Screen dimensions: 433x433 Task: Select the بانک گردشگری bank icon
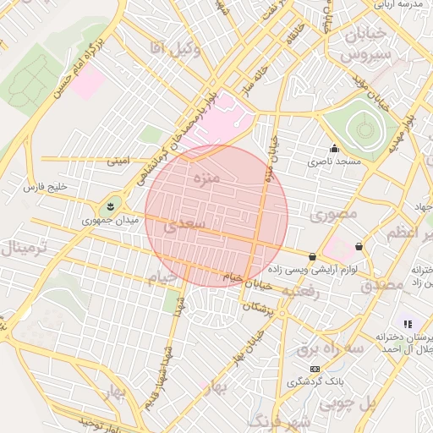(x=315, y=370)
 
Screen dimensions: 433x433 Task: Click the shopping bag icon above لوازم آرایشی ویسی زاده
(x=313, y=256)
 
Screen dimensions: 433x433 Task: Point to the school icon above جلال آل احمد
(x=407, y=324)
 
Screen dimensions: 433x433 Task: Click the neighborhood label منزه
(x=206, y=179)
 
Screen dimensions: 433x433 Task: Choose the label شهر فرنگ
(x=279, y=420)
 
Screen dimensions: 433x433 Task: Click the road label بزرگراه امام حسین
(x=77, y=68)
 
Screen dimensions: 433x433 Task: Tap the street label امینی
(x=118, y=160)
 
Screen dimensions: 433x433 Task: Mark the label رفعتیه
(x=299, y=290)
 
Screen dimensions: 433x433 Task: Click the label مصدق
(x=383, y=285)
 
